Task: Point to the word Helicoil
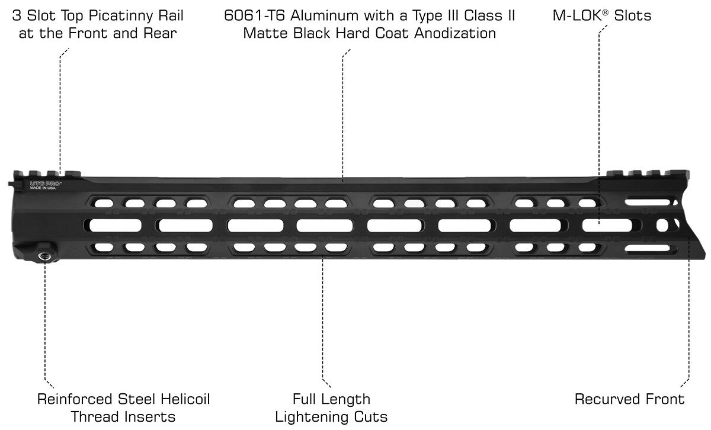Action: (x=185, y=399)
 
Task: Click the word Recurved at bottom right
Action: (x=601, y=399)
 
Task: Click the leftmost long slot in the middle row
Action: (x=115, y=225)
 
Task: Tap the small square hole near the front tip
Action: (x=662, y=225)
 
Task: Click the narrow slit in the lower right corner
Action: (x=647, y=248)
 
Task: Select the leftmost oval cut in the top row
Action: (x=104, y=203)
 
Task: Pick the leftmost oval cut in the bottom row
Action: (x=104, y=247)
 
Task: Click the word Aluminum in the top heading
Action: (x=321, y=15)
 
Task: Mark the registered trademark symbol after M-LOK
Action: (x=606, y=12)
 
